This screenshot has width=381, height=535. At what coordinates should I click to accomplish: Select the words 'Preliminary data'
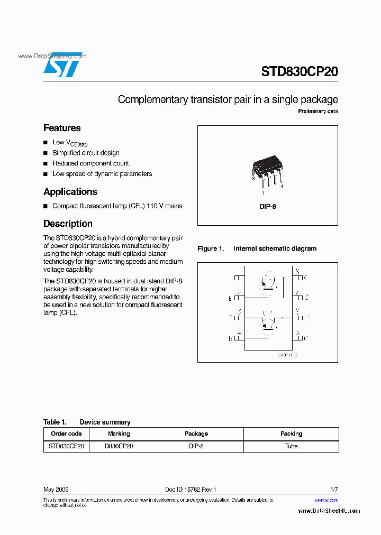tap(317, 112)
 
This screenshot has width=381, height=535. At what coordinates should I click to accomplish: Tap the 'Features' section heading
tap(62, 128)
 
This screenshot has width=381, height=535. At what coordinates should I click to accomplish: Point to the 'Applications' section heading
tap(70, 192)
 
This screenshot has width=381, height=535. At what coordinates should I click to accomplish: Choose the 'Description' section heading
tap(68, 224)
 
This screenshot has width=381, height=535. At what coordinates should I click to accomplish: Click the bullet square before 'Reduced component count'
tap(46, 164)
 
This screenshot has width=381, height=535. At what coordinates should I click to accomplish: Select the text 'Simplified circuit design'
tap(86, 153)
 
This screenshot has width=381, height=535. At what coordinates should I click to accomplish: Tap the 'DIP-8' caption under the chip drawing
tap(267, 207)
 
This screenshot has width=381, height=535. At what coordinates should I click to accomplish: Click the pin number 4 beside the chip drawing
tap(282, 186)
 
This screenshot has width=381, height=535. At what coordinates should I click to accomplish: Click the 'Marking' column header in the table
tap(119, 433)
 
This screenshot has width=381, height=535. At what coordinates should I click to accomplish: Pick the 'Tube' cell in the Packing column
tap(291, 446)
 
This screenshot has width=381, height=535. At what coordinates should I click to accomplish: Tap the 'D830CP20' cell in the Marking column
tap(119, 446)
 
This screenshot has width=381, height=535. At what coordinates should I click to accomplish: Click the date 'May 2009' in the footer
tap(56, 490)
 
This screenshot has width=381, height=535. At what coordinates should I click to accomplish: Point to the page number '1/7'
tap(333, 490)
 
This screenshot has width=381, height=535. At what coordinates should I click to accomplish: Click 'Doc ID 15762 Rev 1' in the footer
tap(190, 490)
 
